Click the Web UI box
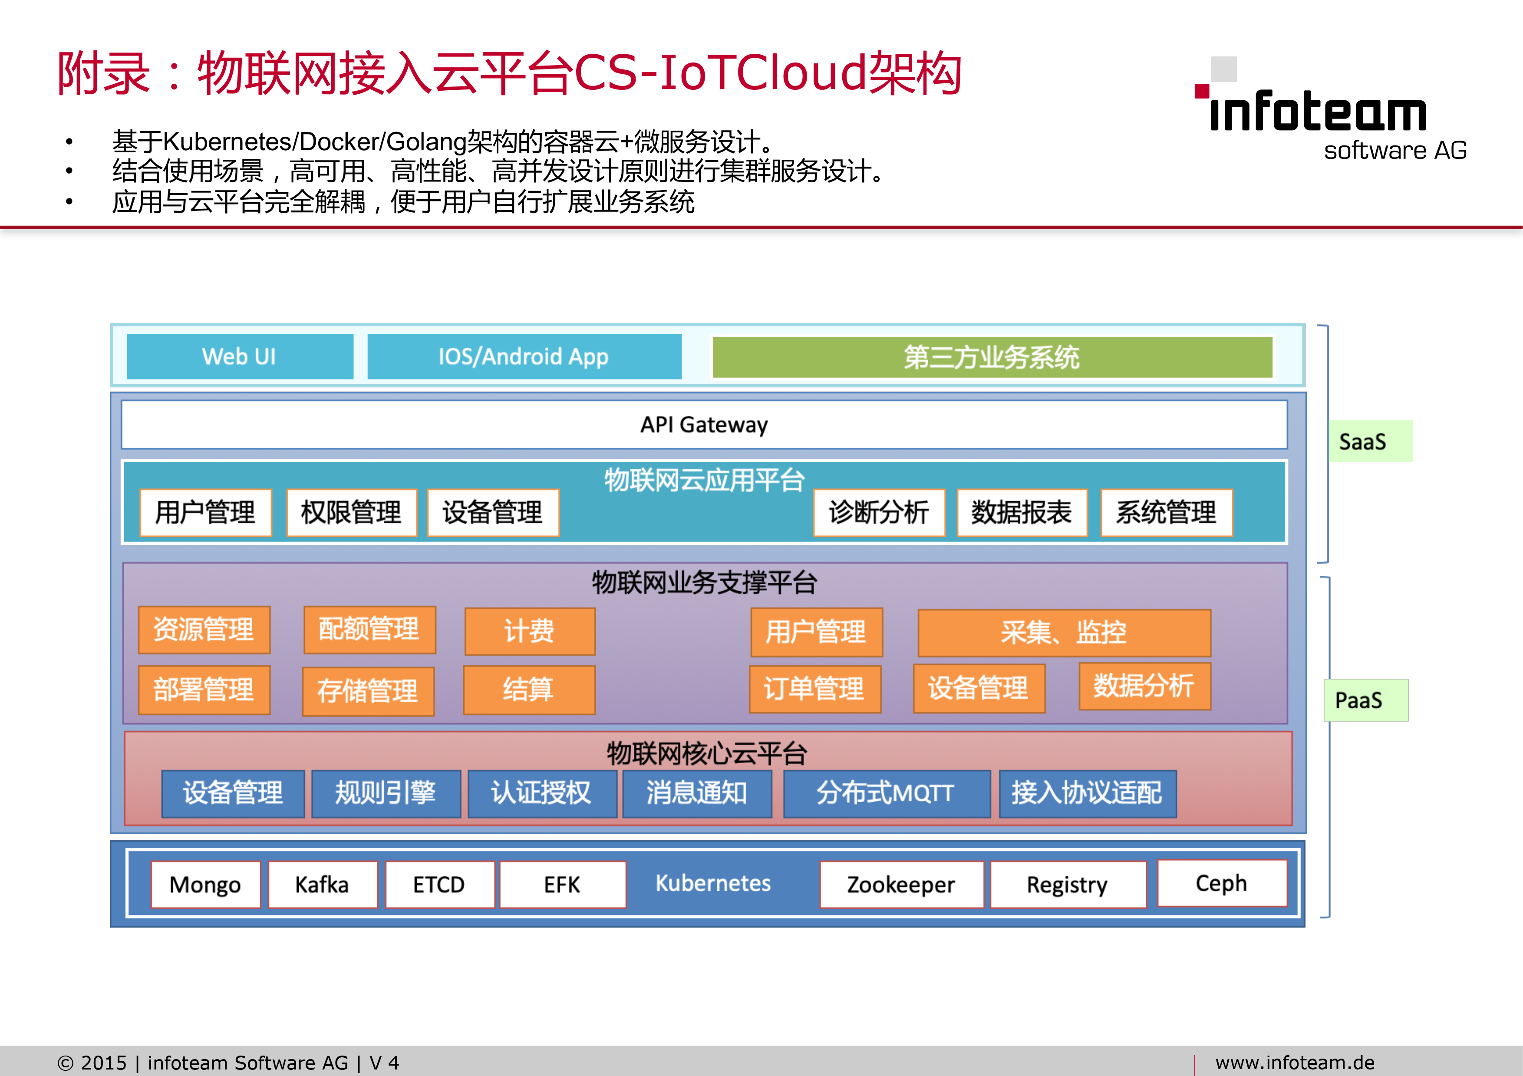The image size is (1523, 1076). click(x=240, y=357)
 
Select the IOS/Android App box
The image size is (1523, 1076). click(x=524, y=357)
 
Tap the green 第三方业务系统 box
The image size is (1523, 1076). click(x=992, y=357)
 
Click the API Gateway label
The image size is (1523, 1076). click(x=704, y=424)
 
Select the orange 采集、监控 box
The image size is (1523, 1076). click(x=1064, y=632)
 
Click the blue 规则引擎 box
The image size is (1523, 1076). click(x=386, y=793)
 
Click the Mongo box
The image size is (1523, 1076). click(x=206, y=885)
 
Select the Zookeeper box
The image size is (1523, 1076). click(x=901, y=885)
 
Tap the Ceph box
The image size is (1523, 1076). click(x=1222, y=883)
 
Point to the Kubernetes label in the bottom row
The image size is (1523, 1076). click(x=713, y=883)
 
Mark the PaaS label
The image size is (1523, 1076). click(x=1358, y=700)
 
